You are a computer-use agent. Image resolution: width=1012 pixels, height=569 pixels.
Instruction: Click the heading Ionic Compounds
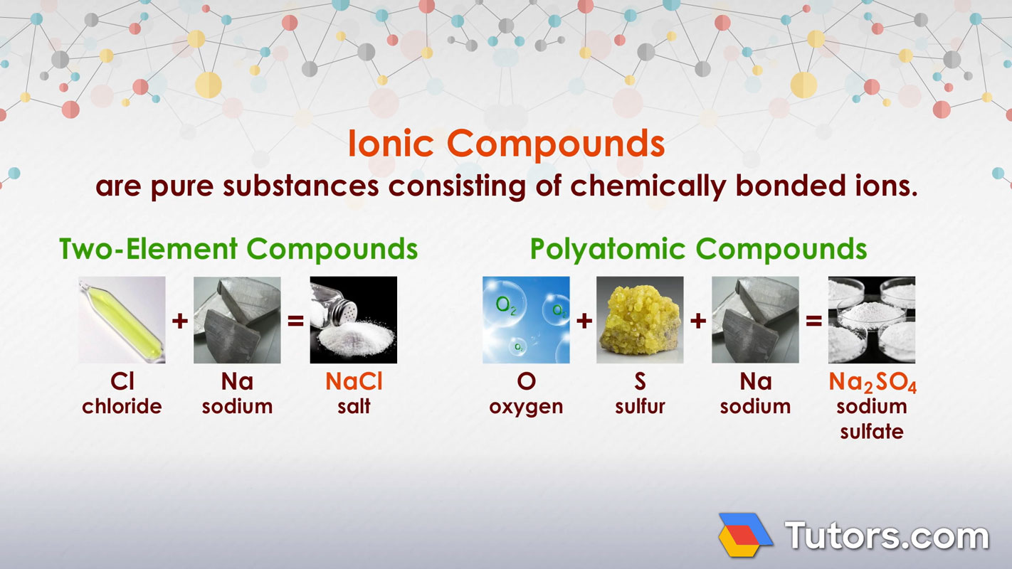[506, 144]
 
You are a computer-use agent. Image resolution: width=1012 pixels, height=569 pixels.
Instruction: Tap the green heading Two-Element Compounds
[238, 250]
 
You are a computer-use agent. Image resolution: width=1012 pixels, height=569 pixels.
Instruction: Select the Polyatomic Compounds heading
[698, 250]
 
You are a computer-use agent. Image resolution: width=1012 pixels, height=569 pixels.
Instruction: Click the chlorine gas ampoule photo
[122, 320]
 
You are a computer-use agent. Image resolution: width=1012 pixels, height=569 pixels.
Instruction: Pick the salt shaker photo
[354, 320]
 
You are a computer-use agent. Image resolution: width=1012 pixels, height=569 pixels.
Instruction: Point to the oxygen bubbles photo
[526, 320]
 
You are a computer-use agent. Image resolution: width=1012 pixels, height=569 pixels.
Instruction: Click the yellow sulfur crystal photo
[640, 320]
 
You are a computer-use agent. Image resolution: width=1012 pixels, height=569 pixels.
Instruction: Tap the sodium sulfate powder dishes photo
[872, 320]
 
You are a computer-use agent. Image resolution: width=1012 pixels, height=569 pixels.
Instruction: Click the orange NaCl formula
[354, 382]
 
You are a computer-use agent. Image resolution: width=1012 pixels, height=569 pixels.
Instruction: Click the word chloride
[122, 407]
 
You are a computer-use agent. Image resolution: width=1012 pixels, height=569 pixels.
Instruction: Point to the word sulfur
[640, 407]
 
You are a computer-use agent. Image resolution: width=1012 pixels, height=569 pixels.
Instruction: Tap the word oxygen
[526, 408]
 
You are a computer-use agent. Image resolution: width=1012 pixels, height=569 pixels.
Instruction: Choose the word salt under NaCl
[354, 407]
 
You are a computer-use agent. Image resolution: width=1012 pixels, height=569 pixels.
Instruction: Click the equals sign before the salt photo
[295, 321]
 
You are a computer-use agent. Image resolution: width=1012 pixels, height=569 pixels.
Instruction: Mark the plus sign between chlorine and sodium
[179, 321]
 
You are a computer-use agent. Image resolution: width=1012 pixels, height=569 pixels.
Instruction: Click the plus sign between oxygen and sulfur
[584, 321]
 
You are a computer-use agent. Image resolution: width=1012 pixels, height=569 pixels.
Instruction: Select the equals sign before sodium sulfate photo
[813, 321]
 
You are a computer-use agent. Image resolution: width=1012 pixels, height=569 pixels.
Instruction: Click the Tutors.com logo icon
[745, 534]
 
